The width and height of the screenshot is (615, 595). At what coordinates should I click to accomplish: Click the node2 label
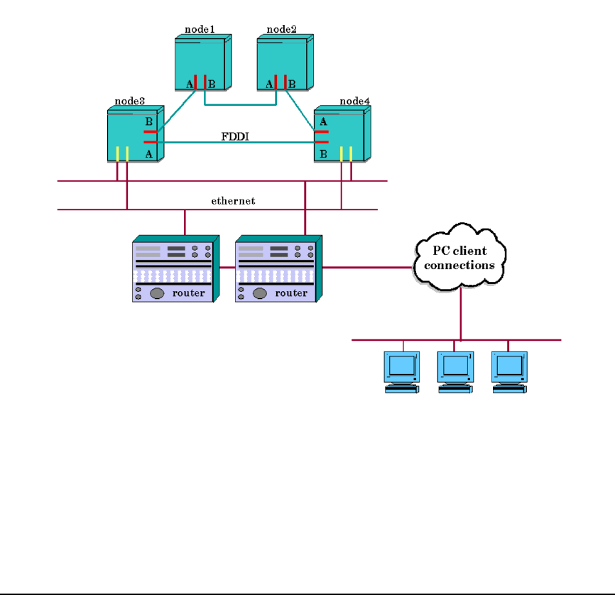[281, 29]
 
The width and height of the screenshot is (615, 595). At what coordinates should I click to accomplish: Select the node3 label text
[130, 102]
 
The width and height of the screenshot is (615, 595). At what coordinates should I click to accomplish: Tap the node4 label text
[354, 102]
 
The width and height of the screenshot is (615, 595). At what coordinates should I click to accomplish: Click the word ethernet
[233, 201]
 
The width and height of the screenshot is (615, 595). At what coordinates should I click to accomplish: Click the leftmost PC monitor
[402, 366]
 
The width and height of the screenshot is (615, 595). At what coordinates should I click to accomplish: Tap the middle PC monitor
[454, 366]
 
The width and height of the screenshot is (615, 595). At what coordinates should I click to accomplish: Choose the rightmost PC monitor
[509, 366]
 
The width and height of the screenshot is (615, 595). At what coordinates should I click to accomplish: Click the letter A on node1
[189, 84]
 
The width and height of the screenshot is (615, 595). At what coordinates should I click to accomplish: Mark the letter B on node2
[292, 84]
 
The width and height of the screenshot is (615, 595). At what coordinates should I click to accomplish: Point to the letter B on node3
[148, 121]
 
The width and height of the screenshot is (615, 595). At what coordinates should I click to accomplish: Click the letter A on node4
[323, 121]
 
